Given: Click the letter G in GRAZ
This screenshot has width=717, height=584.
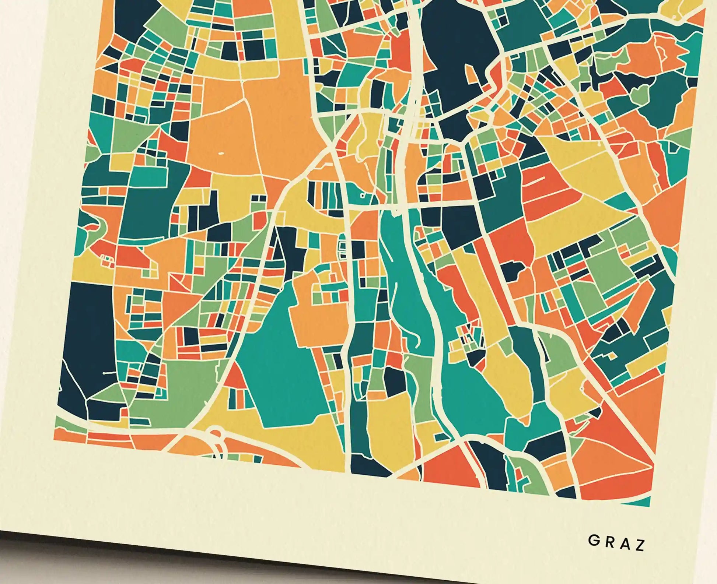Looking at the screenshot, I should (593, 541).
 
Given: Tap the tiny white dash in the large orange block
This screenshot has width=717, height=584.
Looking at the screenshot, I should (221, 152).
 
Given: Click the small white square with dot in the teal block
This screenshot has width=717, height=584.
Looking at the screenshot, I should (362, 196).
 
